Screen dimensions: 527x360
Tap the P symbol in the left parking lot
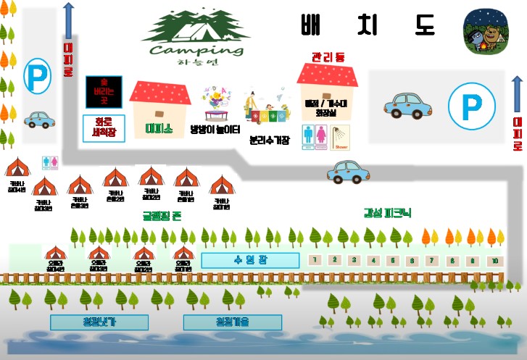(x=35, y=74)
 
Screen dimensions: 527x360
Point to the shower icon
(x=341, y=137)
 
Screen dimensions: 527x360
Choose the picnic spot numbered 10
(x=494, y=260)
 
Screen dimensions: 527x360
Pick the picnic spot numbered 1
(x=315, y=260)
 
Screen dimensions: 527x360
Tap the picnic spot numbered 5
(x=393, y=260)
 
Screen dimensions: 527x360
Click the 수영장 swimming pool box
(x=249, y=260)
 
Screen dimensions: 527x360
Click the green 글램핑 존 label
(x=162, y=215)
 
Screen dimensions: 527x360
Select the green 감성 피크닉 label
(x=387, y=213)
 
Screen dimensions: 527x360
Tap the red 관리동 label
(x=328, y=56)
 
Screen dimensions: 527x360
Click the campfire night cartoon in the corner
(x=485, y=32)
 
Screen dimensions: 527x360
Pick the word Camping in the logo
(x=196, y=50)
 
